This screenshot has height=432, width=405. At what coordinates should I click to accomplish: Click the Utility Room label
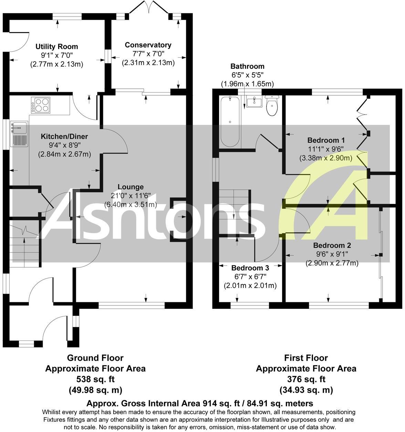(x=57, y=46)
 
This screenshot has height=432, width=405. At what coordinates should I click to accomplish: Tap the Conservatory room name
(x=148, y=45)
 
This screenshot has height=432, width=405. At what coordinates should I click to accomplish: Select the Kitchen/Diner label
(x=64, y=137)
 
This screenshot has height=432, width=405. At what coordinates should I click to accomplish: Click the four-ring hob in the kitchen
(x=41, y=105)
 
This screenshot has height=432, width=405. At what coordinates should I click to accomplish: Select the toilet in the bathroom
(x=272, y=106)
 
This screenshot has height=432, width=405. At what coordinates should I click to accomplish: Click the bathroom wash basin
(x=254, y=101)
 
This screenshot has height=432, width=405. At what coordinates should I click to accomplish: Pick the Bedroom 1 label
(x=326, y=140)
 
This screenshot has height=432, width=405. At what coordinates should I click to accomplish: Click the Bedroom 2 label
(x=332, y=246)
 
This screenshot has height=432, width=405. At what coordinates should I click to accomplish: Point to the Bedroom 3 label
(x=250, y=268)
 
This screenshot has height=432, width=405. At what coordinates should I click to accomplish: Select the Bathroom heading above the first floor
(x=247, y=66)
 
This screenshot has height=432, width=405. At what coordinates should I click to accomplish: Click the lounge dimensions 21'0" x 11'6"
(x=131, y=196)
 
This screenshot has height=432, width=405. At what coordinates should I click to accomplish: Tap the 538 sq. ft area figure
(x=96, y=379)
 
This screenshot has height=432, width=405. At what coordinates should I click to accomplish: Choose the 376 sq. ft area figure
(x=306, y=379)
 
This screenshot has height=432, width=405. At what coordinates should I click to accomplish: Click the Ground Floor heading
(x=95, y=358)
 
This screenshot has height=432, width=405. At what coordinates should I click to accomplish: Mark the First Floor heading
(x=306, y=358)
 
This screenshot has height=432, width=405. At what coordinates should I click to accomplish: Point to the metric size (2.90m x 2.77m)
(x=332, y=263)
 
